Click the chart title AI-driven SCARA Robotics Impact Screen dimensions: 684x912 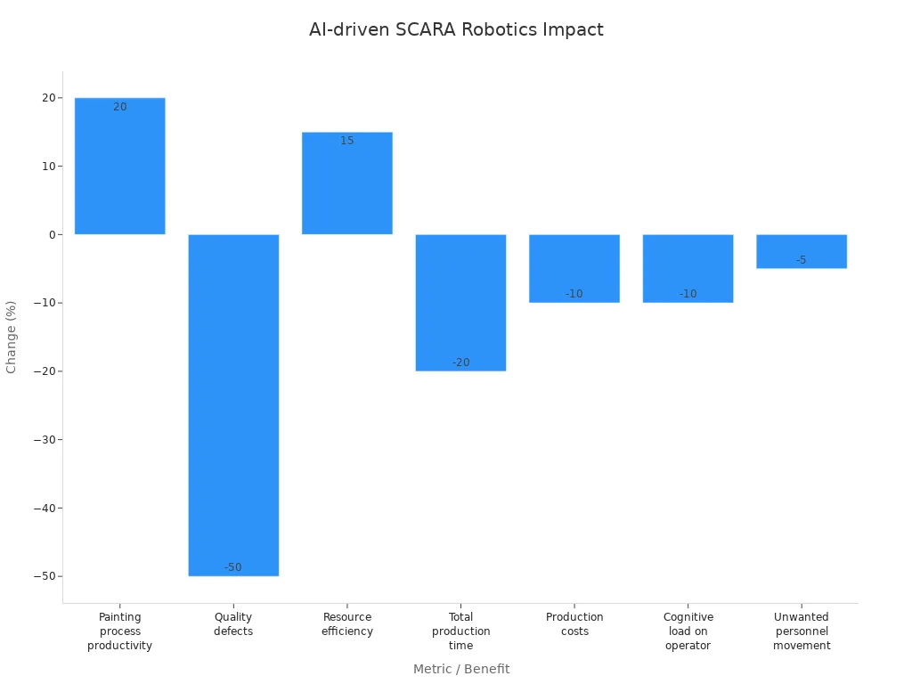coord(456,29)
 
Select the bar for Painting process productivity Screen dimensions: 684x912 coord(119,169)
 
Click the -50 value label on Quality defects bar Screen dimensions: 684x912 coord(233,567)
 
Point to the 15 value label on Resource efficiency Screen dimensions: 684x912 coord(347,141)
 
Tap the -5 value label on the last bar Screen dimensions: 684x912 coord(802,260)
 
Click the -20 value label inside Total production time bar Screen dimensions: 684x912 coord(460,362)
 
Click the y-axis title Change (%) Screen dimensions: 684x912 coord(12,337)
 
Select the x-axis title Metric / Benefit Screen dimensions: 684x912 coord(460,669)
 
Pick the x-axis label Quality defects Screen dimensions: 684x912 coord(233,624)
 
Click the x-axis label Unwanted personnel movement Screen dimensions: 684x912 coord(802,631)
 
